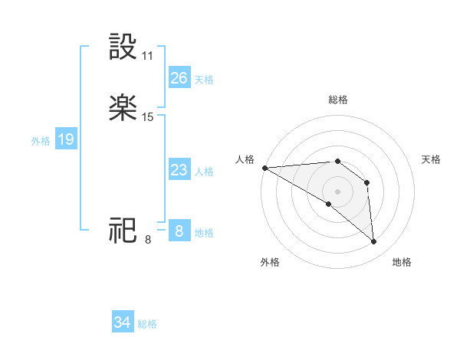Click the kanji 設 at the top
[x=123, y=47]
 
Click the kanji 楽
[x=123, y=107]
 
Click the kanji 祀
[x=123, y=230]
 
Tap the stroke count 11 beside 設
[x=148, y=56]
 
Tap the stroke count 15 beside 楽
[x=148, y=117]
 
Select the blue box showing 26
[x=179, y=78]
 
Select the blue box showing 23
[x=179, y=170]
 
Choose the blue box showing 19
[x=65, y=140]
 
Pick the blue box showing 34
[x=122, y=322]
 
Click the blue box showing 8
[x=179, y=231]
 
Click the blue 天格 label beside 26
[x=204, y=80]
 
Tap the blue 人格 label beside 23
[x=204, y=172]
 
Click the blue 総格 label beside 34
[x=147, y=324]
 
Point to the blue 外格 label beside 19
[x=41, y=141]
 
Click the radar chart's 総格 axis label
[x=338, y=100]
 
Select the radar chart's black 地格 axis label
[x=402, y=262]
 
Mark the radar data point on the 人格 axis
[x=264, y=168]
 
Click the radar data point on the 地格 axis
[x=374, y=242]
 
